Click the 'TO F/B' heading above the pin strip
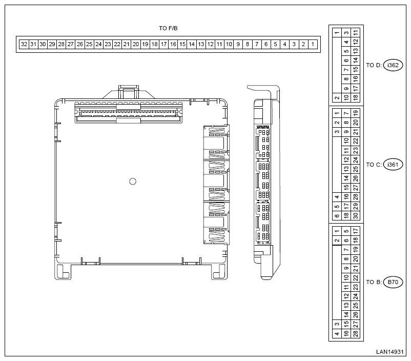tap(168, 28)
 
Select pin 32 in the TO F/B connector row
tap(24, 44)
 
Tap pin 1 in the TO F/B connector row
tap(313, 44)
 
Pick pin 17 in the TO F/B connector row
tap(164, 44)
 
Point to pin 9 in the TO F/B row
tap(238, 44)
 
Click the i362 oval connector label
tap(393, 65)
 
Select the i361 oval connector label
tap(393, 165)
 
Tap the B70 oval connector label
tap(393, 282)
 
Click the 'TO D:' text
tap(374, 65)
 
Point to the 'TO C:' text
tap(374, 165)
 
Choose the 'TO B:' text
tap(374, 282)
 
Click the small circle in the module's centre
tap(133, 182)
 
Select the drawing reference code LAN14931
tap(389, 352)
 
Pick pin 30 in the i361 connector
tap(356, 215)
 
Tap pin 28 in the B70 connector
tap(356, 333)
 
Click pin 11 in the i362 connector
tap(356, 33)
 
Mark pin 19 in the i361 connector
tap(356, 113)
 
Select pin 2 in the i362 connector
tap(337, 97)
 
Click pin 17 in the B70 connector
tap(356, 231)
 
